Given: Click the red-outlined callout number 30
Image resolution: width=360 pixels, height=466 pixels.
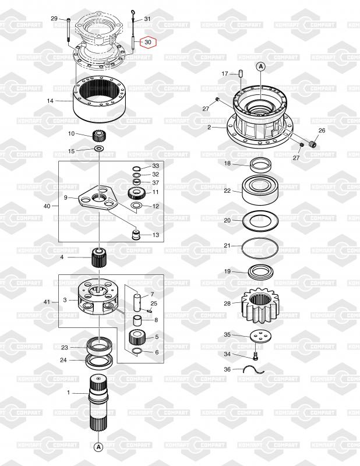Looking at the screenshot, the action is pyautogui.click(x=148, y=42).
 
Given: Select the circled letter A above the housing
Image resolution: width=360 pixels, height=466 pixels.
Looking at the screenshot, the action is pyautogui.click(x=261, y=67).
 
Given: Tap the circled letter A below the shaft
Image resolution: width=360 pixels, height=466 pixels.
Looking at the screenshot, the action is pyautogui.click(x=98, y=447).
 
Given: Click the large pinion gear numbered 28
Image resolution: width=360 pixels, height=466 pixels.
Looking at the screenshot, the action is pyautogui.click(x=260, y=305).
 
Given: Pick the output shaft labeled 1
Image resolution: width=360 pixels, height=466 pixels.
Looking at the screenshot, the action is pyautogui.click(x=98, y=402).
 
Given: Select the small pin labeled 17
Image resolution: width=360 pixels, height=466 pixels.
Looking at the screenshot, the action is pyautogui.click(x=241, y=73).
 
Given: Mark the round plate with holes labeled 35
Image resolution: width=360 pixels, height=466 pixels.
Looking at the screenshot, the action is pyautogui.click(x=260, y=336).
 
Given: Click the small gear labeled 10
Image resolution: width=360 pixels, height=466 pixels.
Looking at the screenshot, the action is pyautogui.click(x=98, y=136).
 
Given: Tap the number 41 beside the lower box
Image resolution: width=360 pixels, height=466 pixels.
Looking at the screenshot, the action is pyautogui.click(x=47, y=302).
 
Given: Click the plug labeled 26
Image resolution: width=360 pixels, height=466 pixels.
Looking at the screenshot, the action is pyautogui.click(x=312, y=144).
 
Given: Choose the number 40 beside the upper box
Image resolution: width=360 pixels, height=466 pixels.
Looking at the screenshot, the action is pyautogui.click(x=47, y=206).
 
